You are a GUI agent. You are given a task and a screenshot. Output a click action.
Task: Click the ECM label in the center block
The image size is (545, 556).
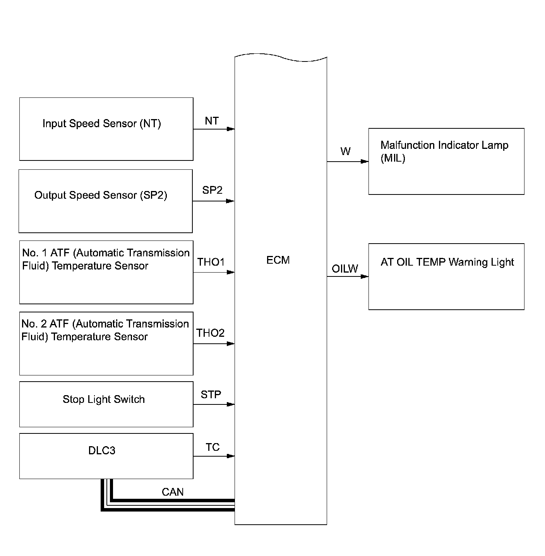(x=278, y=260)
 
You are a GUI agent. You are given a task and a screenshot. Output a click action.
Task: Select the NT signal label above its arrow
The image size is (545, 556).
(x=212, y=121)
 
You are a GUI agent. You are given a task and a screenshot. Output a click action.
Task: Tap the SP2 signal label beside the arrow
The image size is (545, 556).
(x=212, y=190)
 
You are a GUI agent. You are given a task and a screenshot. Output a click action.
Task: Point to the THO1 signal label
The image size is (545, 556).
(x=211, y=262)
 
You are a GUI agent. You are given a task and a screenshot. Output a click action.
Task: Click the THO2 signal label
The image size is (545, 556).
(x=210, y=333)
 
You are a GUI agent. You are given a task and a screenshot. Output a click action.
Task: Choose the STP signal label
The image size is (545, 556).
(x=211, y=395)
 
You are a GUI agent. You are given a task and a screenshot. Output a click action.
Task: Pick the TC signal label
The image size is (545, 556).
(x=213, y=447)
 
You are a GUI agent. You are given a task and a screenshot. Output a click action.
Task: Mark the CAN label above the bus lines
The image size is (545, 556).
(x=173, y=492)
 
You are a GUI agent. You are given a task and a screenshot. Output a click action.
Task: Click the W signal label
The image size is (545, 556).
(x=345, y=152)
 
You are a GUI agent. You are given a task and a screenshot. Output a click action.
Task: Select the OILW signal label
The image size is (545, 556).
(x=345, y=269)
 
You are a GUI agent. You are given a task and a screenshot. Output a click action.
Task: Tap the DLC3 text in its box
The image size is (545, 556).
(x=102, y=450)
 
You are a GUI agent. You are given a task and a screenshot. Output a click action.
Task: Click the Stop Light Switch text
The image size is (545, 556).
(x=104, y=399)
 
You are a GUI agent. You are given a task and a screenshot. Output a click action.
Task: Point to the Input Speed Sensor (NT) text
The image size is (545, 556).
(x=102, y=124)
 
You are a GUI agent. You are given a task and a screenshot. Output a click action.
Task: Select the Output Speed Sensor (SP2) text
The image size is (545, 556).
(x=101, y=195)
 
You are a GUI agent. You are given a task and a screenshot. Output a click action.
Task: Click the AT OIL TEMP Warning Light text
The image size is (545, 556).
(x=447, y=262)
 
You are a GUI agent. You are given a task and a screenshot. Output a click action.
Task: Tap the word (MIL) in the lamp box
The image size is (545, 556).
(x=392, y=158)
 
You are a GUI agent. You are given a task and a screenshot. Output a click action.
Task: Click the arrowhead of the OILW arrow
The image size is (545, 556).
(x=365, y=276)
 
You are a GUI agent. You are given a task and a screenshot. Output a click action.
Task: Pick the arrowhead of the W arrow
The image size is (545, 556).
(x=365, y=162)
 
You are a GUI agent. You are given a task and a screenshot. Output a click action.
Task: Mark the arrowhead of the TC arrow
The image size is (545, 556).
(x=231, y=456)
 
